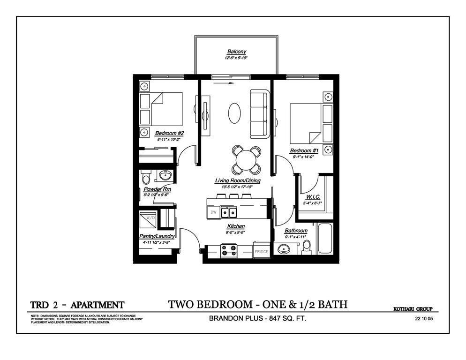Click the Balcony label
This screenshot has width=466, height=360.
[236, 52]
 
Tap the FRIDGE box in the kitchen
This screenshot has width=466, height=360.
[261, 251]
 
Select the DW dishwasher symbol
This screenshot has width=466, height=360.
[213, 212]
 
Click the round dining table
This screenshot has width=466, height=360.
[246, 160]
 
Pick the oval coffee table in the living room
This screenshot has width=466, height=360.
[235, 113]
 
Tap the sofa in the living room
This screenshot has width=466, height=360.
[259, 114]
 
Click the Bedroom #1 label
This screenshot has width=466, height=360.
[304, 150]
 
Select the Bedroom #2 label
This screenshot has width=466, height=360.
[166, 133]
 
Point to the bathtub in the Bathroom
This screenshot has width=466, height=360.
[324, 239]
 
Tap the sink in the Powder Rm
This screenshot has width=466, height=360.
[165, 176]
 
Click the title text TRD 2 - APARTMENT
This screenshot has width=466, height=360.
[77, 305]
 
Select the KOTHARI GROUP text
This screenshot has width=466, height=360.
[412, 309]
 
